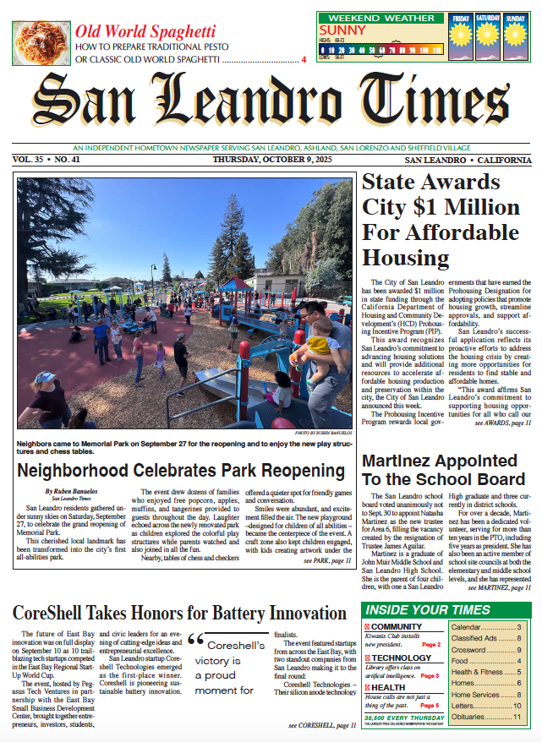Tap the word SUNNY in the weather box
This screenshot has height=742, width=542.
click(x=342, y=30)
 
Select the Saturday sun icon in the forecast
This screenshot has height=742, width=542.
click(x=487, y=37)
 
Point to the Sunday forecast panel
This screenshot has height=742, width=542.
click(x=515, y=37)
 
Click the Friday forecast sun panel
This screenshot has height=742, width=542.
click(x=460, y=37)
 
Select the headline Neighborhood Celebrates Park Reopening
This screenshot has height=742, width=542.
click(x=181, y=471)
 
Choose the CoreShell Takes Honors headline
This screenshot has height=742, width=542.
click(x=179, y=614)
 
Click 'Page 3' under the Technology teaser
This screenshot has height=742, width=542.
click(x=430, y=676)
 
